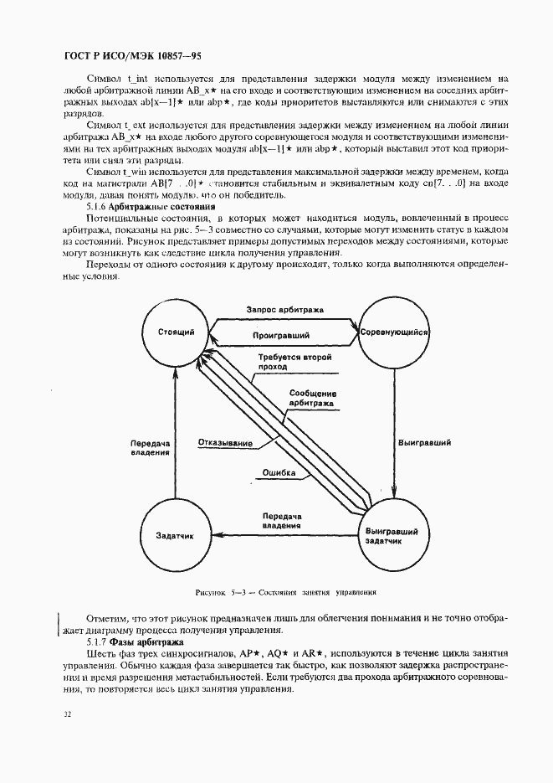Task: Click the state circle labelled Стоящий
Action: click(176, 332)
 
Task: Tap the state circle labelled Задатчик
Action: click(176, 535)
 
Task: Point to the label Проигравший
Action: click(281, 335)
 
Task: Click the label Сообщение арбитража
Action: click(313, 398)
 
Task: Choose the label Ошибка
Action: click(279, 472)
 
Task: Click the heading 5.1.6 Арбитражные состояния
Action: click(151, 205)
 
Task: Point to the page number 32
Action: click(66, 713)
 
